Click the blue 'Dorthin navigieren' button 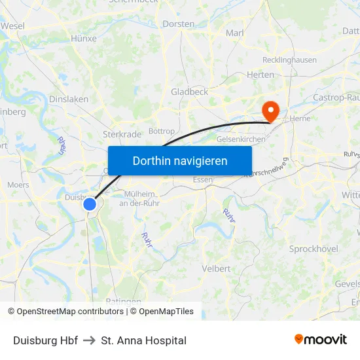(x=180, y=160)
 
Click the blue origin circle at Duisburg (x=90, y=204)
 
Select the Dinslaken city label (x=69, y=99)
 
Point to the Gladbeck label (x=189, y=92)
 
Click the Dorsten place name (x=178, y=24)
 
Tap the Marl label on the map (x=234, y=33)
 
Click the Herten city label (x=260, y=75)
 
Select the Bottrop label (x=162, y=132)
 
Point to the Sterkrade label (x=122, y=134)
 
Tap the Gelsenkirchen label (x=240, y=139)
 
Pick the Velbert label (x=216, y=268)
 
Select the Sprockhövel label (x=314, y=249)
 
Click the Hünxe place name (x=83, y=39)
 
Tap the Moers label (x=18, y=185)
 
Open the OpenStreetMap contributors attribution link (x=69, y=312)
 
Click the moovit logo (x=321, y=340)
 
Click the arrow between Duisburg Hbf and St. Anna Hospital (x=90, y=341)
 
